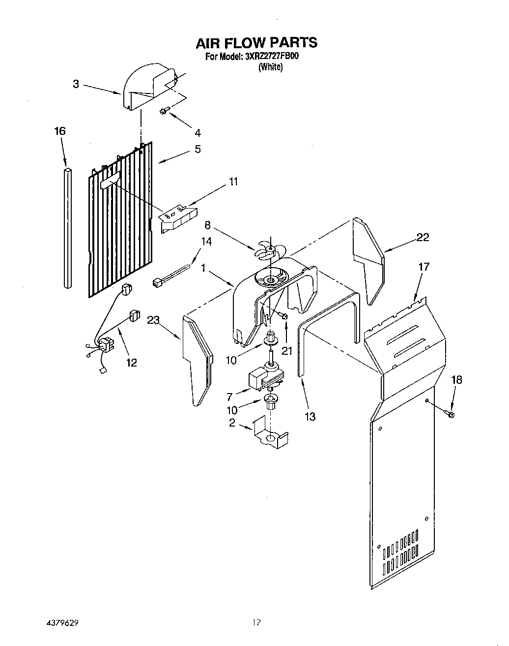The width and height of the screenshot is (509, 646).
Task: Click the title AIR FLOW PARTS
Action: [x=256, y=43]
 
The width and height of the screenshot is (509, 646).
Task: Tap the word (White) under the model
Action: [x=270, y=67]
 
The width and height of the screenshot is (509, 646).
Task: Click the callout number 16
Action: [x=59, y=131]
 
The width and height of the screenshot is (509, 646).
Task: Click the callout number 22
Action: [x=422, y=238]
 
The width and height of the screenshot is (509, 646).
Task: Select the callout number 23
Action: [x=153, y=320]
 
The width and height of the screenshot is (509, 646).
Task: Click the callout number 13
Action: [x=310, y=416]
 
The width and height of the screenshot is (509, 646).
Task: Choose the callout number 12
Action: [x=131, y=362]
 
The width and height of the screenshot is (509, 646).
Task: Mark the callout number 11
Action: [x=233, y=182]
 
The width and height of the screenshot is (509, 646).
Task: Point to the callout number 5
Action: [x=198, y=149]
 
